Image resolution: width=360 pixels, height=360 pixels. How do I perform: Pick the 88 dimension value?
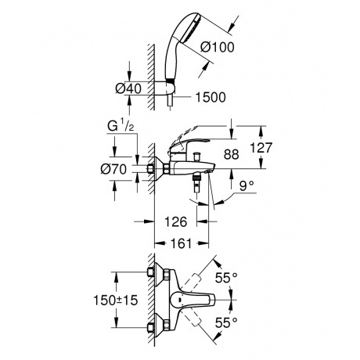point(229,154)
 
